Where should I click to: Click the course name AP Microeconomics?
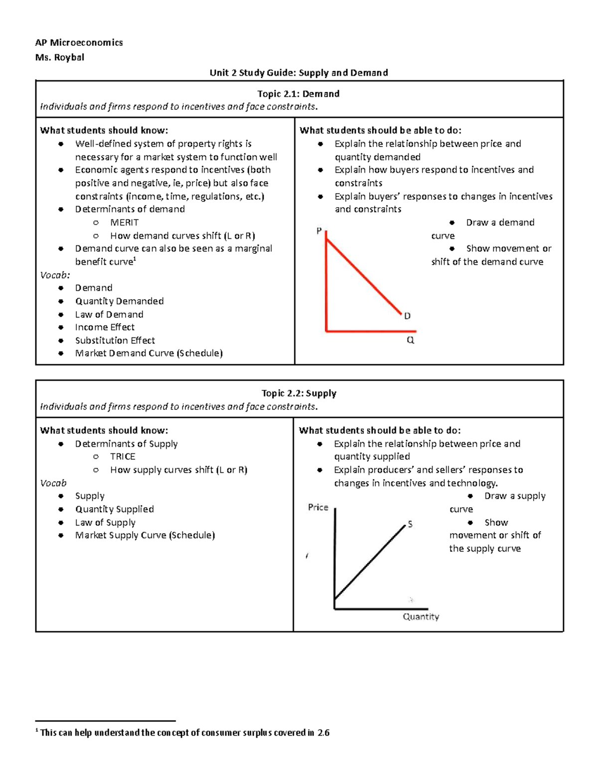pos(79,43)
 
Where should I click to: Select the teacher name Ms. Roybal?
pos(59,57)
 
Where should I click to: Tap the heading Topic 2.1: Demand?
pos(298,94)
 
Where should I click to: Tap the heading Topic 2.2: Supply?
pos(299,393)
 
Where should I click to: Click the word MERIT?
pos(124,222)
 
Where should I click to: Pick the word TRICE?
pos(123,456)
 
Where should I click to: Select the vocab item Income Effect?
pos(105,327)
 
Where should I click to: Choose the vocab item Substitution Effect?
pos(115,340)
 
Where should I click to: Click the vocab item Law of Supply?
pos(105,522)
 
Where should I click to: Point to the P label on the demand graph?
pos(319,231)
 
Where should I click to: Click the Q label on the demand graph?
pos(410,340)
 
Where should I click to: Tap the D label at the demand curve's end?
pos(407,316)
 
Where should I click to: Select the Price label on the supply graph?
pos(318,507)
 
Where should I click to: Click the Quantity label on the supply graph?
pos(421,617)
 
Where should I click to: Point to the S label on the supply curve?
pos(410,524)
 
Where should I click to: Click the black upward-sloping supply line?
pos(370,561)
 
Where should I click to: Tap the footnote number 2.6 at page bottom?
pos(323,733)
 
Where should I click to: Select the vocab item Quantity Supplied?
pos(114,509)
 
